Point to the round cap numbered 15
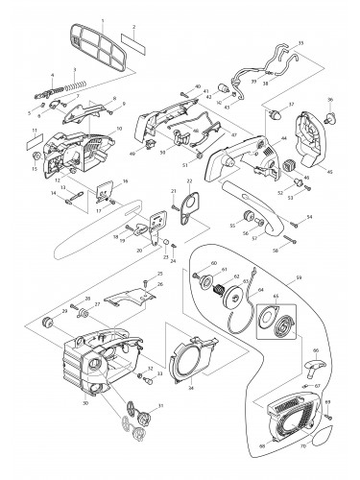click(x=36, y=156)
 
